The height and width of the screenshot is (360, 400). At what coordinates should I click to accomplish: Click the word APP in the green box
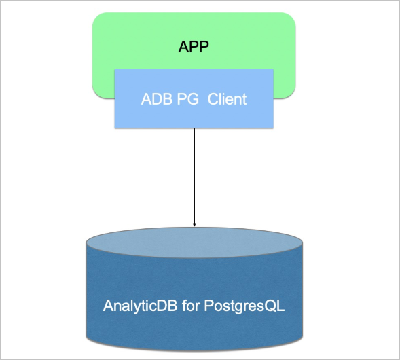coord(194,47)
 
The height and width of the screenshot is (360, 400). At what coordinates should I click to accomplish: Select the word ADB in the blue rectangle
coord(157,99)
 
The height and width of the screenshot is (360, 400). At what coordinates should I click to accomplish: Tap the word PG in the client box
coord(187,99)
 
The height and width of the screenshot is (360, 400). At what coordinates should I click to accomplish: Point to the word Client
coord(227,99)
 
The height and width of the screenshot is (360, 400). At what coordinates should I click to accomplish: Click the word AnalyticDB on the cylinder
coord(140,306)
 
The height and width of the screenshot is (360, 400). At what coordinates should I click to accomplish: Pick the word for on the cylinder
coord(191,305)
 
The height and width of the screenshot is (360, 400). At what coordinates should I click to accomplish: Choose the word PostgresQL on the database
coord(244,306)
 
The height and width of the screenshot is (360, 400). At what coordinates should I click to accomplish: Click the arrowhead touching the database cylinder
coord(194,224)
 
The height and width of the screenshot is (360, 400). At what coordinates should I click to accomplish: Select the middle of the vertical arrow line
coord(194,177)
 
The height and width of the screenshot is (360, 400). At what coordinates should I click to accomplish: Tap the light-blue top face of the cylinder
coord(194,242)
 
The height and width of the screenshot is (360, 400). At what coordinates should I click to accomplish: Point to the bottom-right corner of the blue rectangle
coord(273,128)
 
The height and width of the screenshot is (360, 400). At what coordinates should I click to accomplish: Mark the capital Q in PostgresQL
coord(271,306)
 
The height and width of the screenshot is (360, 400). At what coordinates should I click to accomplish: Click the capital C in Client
coord(213,99)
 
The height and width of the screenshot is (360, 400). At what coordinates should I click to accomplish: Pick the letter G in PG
coord(193,99)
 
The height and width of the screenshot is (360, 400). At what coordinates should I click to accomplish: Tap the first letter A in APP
coord(183,47)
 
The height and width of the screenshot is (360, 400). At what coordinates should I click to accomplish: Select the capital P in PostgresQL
coord(208,305)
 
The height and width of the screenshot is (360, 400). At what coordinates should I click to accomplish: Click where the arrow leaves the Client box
coord(194,128)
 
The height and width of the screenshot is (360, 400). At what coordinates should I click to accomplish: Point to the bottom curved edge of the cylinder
coord(194,350)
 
